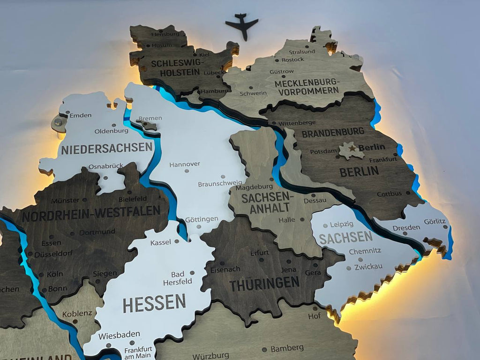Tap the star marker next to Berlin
point(352,148)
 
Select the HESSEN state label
point(154,303)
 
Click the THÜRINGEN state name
point(264,283)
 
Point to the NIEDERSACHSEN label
point(107,149)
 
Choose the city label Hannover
point(185,164)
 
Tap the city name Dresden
point(406,227)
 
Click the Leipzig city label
point(342,225)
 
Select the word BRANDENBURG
point(333,133)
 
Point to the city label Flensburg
point(165,34)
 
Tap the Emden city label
point(81,115)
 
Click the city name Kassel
point(161,242)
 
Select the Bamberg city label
point(287,348)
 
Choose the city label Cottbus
point(389,194)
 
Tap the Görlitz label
point(435,221)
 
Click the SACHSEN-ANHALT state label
point(267,203)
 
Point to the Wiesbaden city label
point(119,335)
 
